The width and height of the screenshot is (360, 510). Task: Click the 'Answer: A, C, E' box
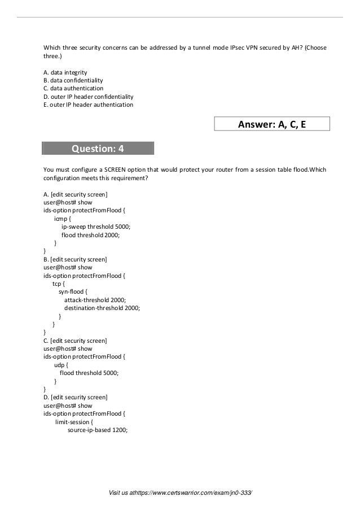[272, 124]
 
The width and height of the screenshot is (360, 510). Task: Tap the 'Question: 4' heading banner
[98, 149]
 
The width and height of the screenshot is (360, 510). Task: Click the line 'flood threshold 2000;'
[91, 234]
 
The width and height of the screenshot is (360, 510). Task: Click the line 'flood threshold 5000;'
[89, 373]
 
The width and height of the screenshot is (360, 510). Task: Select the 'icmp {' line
[62, 218]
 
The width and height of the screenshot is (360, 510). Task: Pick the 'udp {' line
[62, 365]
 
